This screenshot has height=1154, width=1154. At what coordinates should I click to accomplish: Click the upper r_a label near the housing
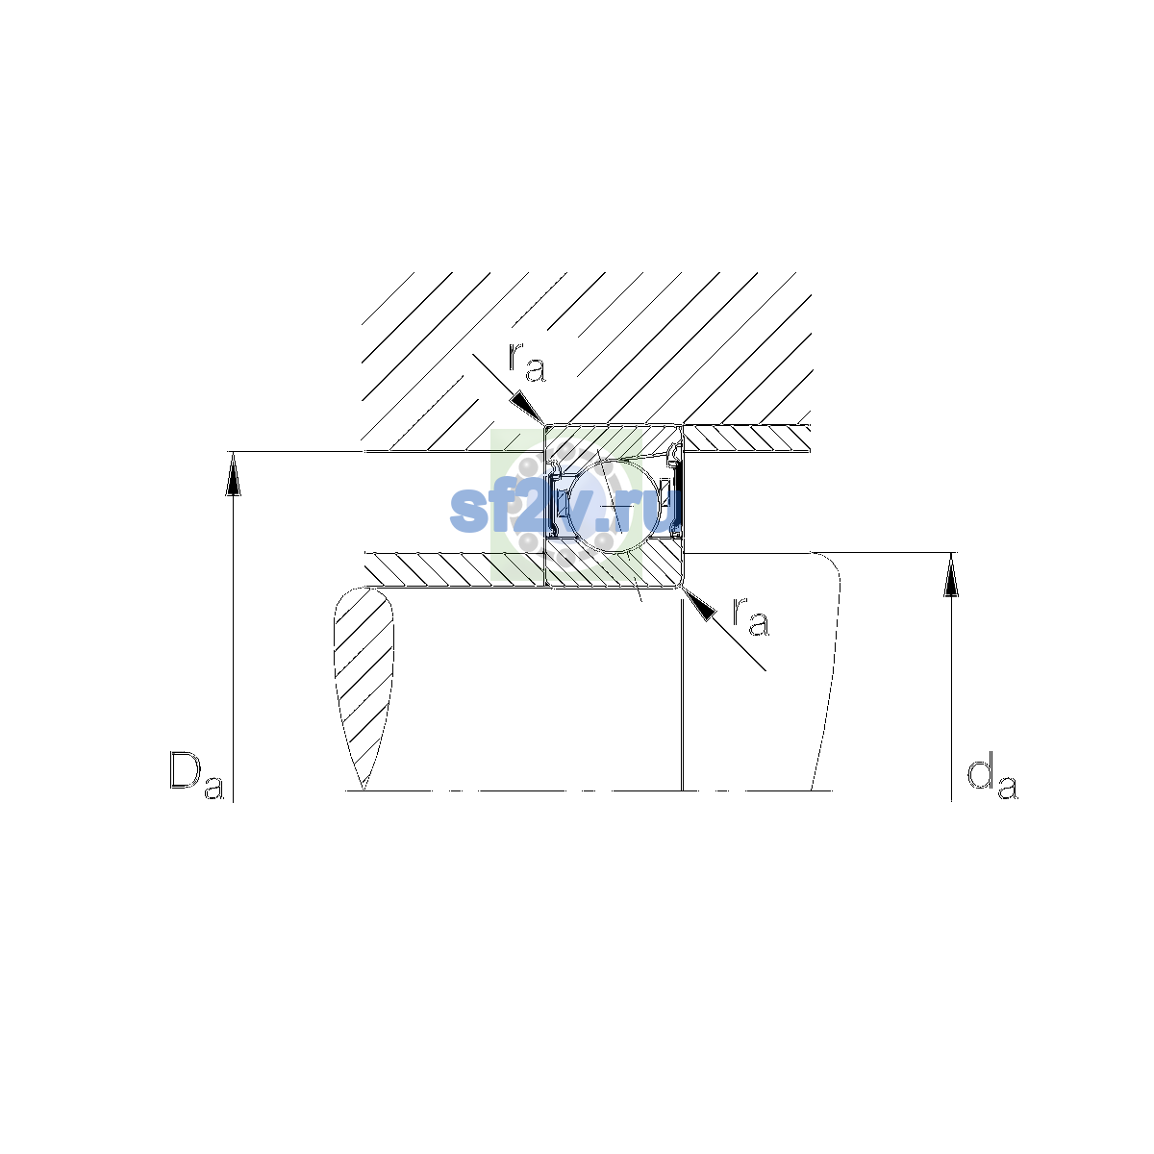pos(527,363)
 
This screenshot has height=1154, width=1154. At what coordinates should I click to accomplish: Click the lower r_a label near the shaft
pos(750,616)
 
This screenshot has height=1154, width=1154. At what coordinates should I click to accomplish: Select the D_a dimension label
pos(196,775)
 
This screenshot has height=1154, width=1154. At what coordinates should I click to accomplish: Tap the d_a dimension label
pos(992,779)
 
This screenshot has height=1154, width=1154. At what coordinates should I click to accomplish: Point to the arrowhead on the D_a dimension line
pos(233,474)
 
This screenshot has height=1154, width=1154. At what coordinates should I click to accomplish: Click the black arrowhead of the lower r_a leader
pos(699,605)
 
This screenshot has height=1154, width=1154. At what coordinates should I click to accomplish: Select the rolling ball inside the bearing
pos(613,506)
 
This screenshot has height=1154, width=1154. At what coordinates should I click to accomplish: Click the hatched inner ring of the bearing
pos(614,564)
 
